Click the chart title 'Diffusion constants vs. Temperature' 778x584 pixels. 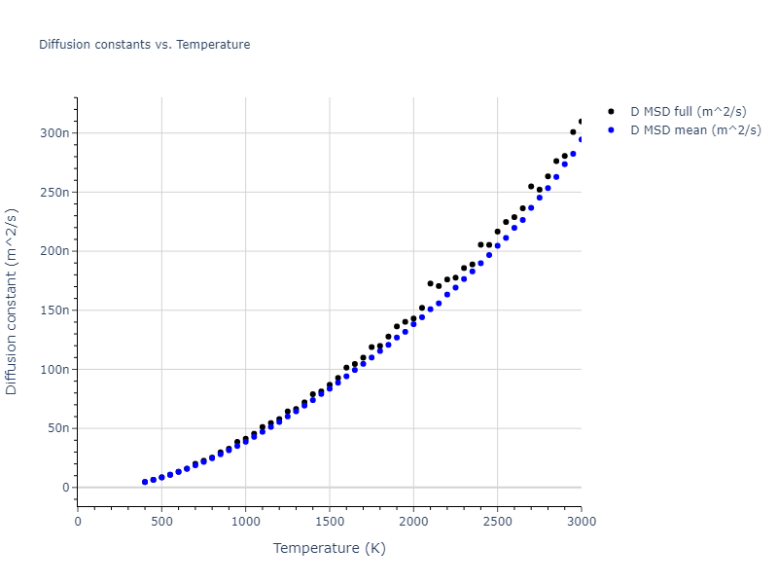click(x=144, y=45)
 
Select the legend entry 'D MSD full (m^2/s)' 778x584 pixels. click(x=695, y=113)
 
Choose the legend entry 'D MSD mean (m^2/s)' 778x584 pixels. click(x=695, y=129)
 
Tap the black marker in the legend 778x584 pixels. click(x=611, y=113)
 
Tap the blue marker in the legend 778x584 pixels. click(x=611, y=129)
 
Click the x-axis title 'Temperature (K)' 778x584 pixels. click(x=329, y=549)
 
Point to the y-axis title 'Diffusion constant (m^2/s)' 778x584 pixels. click(x=13, y=301)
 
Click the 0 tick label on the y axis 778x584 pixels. click(x=65, y=488)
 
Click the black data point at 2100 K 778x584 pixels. click(x=430, y=283)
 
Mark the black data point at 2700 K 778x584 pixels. click(x=531, y=187)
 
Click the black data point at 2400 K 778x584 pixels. click(x=480, y=245)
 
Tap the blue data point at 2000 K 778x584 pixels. click(x=413, y=324)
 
